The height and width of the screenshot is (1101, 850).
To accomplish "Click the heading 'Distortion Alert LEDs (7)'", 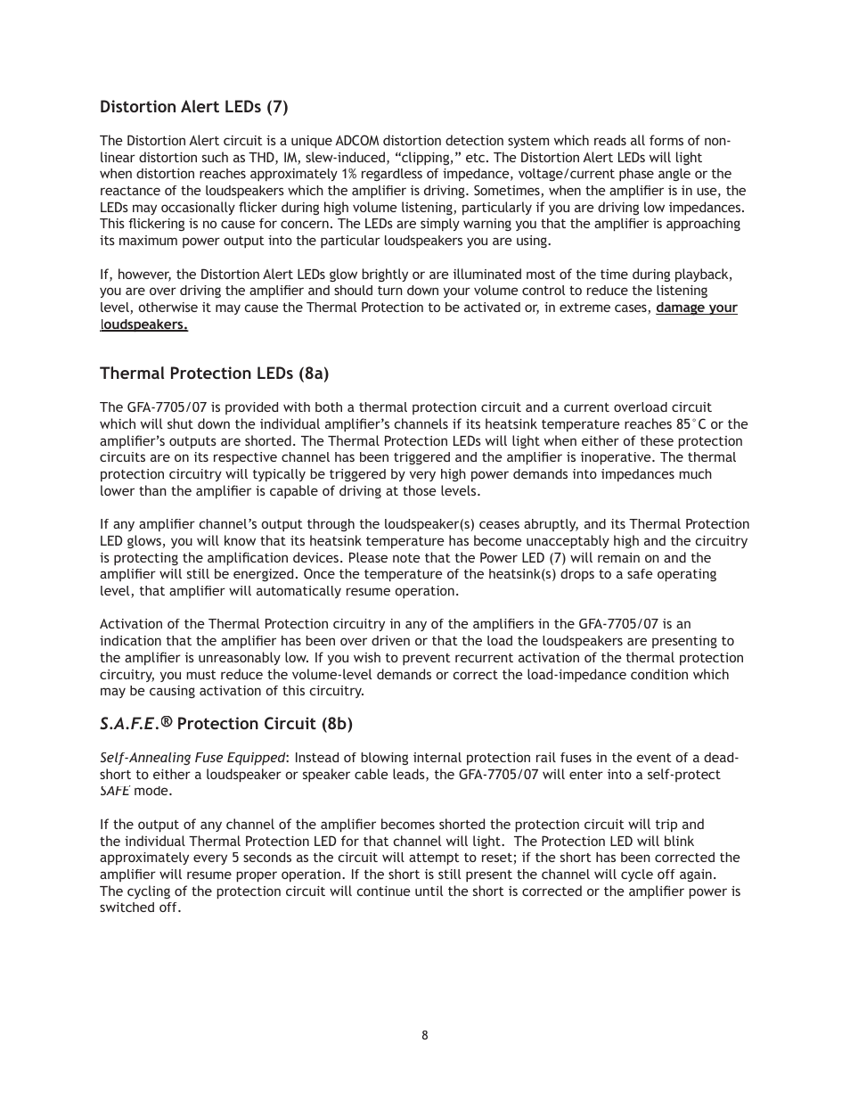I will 193,107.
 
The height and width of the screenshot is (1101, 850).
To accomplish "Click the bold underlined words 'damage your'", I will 696,308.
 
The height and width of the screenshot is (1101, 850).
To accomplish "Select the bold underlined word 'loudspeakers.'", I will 143,325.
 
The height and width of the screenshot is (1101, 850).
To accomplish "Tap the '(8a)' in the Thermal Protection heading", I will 314,374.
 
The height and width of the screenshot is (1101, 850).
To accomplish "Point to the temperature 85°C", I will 691,424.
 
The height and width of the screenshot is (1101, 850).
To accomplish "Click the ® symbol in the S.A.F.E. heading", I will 167,722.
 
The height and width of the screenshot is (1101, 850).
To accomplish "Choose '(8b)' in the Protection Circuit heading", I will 337,724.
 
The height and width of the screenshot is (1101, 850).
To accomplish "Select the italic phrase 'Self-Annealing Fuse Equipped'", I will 192,758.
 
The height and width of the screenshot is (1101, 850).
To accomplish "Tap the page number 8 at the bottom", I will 425,1035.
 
